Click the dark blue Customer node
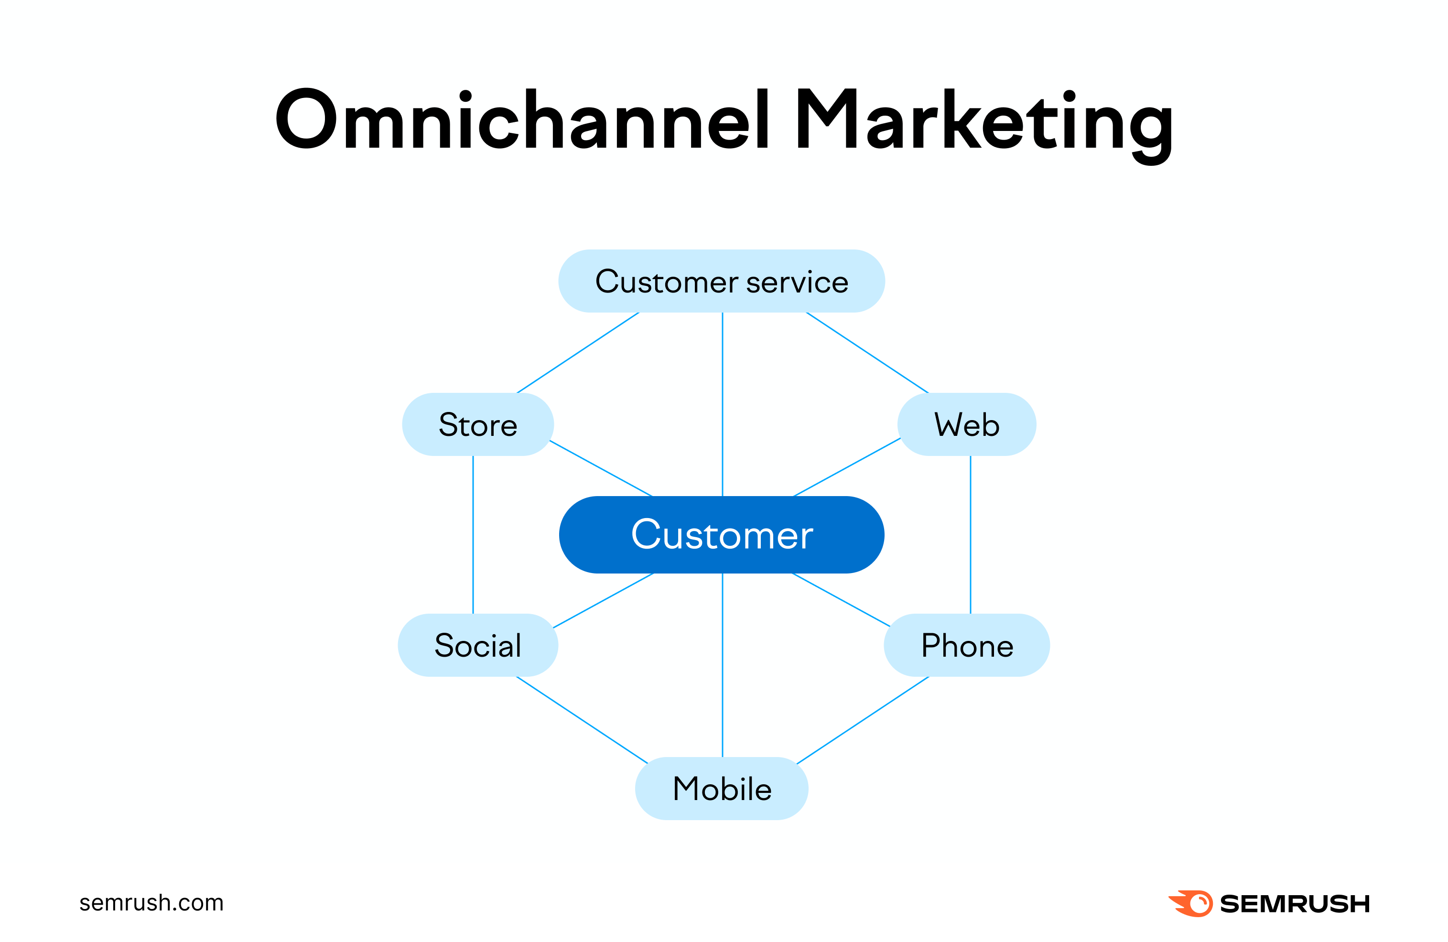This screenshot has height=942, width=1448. pos(722,535)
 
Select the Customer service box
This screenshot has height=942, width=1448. pos(722,281)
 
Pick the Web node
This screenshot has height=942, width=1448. pos(966,424)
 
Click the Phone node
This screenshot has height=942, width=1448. pos(967,645)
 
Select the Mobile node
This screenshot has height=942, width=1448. pos(722,789)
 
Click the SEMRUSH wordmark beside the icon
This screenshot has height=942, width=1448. pos(1295,904)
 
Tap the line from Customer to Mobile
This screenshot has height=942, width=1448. pos(722,665)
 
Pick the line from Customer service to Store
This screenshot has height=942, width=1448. pos(578,352)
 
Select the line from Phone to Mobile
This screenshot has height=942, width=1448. pos(863,720)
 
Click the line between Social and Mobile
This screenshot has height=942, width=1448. pos(582,720)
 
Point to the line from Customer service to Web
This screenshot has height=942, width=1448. pos(867,352)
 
